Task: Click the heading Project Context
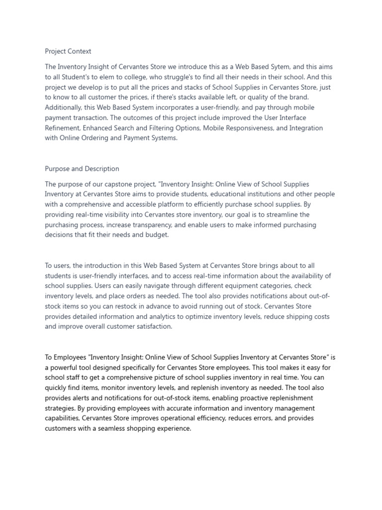tap(68, 51)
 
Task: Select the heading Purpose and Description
tap(82, 169)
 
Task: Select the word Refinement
tap(63, 128)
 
